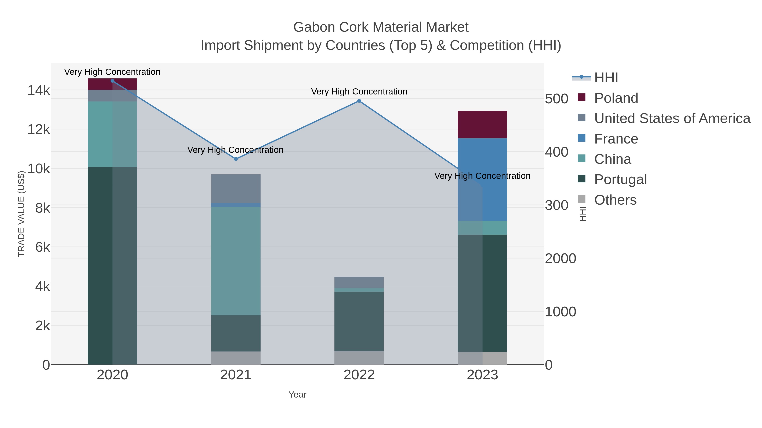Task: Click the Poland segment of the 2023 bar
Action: (482, 124)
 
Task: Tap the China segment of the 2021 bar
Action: (236, 261)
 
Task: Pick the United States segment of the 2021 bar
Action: (236, 189)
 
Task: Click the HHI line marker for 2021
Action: (236, 159)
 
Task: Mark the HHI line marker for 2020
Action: (112, 81)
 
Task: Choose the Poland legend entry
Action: (616, 98)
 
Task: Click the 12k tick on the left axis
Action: (39, 129)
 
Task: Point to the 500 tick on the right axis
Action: (556, 99)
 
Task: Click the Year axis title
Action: (297, 395)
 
